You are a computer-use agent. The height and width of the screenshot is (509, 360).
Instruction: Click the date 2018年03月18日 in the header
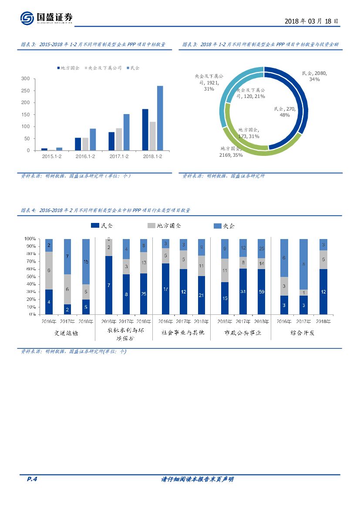click(x=311, y=21)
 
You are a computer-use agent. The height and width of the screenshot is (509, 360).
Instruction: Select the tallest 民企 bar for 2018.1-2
click(x=160, y=118)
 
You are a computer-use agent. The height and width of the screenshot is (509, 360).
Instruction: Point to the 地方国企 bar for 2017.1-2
click(x=111, y=141)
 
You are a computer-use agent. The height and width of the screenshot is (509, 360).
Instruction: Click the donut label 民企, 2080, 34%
click(x=314, y=76)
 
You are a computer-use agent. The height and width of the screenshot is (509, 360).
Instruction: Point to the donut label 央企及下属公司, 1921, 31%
click(x=209, y=82)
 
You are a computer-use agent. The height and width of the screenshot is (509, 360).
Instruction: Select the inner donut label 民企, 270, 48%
click(x=285, y=112)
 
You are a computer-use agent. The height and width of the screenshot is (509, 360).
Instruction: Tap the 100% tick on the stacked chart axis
click(x=30, y=239)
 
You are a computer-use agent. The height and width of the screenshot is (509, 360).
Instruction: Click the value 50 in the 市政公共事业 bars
click(x=261, y=291)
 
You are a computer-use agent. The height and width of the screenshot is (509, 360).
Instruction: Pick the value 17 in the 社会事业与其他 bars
click(x=165, y=289)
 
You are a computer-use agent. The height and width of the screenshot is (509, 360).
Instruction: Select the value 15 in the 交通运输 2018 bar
click(x=86, y=261)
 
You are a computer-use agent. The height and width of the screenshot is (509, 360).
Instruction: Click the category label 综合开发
click(x=302, y=333)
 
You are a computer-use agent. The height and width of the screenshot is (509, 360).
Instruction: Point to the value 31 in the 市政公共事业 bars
click(x=242, y=291)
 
